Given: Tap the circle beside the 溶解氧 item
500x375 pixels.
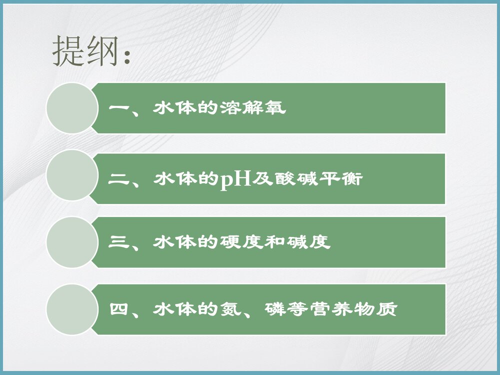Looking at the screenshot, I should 71,108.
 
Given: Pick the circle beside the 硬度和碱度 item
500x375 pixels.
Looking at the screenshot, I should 71,242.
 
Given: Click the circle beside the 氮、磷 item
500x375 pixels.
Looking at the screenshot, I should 71,309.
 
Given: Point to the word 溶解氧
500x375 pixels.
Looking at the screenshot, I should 253,108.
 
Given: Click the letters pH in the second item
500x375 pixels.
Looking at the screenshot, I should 235,179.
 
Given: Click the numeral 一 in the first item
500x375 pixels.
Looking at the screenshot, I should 118,108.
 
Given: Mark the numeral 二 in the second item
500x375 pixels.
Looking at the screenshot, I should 118,178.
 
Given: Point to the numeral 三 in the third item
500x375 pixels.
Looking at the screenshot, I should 118,242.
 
